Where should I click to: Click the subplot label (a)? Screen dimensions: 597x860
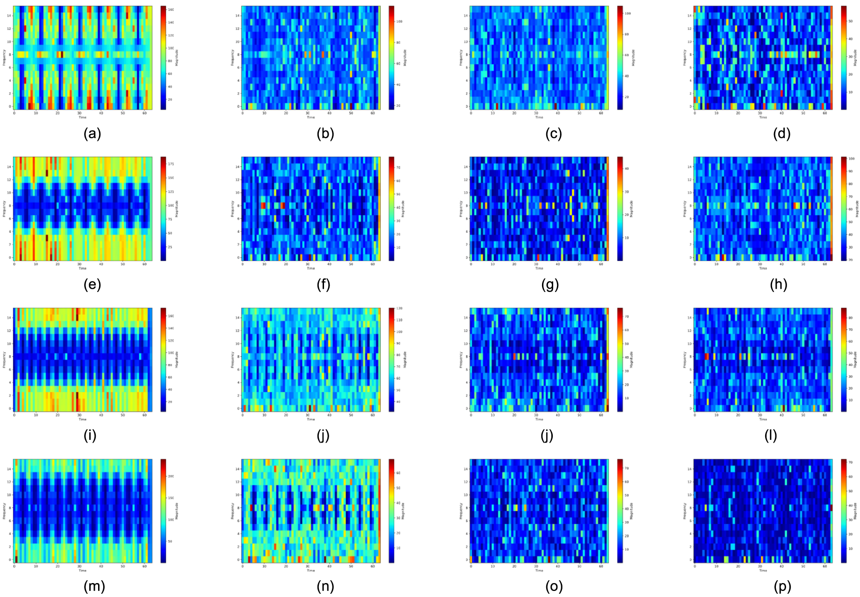pos(92,134)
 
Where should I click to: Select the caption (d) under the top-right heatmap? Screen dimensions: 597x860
pos(781,134)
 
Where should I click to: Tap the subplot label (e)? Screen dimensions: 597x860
pos(92,285)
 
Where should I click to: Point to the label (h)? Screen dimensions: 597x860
pos(778,285)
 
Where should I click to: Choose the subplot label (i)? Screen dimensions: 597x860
pos(90,436)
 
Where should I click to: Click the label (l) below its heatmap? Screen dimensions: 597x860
pos(770,436)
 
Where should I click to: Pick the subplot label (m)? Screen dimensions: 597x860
pos(94,587)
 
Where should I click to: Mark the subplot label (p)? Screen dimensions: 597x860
pos(782,587)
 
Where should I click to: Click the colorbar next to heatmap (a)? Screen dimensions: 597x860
pos(163,58)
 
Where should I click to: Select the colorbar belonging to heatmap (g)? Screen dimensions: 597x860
pos(620,208)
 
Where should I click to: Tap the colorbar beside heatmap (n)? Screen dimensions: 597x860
pos(391,511)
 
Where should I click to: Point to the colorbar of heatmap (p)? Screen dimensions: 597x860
pos(844,511)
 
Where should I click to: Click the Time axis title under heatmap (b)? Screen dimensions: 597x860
pos(311,117)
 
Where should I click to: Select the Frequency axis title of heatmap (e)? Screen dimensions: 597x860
pos(4,209)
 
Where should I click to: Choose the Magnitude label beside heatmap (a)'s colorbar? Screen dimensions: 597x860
pos(177,58)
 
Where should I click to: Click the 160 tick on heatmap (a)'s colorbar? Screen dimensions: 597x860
pos(171,9)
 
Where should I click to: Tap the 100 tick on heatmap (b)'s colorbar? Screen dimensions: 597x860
pos(399,21)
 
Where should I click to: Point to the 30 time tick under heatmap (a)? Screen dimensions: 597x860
pos(79,113)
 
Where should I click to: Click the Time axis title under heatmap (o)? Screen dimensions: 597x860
pos(539,570)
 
